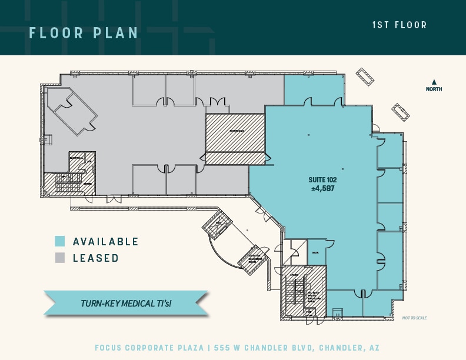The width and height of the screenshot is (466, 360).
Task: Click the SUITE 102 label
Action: (x=322, y=180)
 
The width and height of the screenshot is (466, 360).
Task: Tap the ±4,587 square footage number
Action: (x=322, y=188)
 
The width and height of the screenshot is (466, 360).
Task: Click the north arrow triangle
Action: (x=434, y=82)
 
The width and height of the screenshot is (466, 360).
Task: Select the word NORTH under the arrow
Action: (x=434, y=89)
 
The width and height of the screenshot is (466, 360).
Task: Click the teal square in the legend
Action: (x=59, y=241)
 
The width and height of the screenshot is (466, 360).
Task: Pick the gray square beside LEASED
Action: (x=59, y=258)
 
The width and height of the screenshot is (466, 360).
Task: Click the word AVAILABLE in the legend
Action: (x=106, y=242)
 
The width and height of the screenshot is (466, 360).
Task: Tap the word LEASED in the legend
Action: (x=96, y=258)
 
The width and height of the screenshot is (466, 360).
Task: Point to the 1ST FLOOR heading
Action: (x=400, y=25)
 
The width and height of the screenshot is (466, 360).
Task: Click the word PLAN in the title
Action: (x=115, y=33)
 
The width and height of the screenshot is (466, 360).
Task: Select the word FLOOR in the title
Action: (x=56, y=33)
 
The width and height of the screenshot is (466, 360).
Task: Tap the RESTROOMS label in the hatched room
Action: (x=237, y=131)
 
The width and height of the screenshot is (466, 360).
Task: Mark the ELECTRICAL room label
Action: (x=76, y=157)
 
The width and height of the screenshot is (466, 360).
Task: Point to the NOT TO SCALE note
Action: (x=415, y=318)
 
